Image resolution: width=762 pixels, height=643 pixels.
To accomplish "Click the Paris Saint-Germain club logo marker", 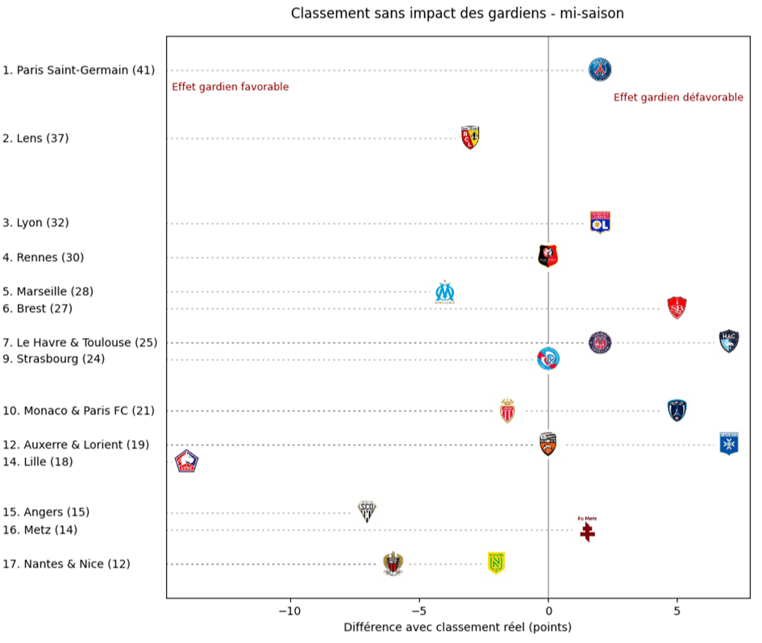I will (600, 70).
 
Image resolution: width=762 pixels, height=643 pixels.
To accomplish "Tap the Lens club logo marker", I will (470, 138).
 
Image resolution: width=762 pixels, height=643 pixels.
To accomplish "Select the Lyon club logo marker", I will (600, 222).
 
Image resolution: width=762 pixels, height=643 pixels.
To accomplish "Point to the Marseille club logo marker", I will (445, 291).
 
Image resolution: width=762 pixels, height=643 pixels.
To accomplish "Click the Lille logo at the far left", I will (187, 462).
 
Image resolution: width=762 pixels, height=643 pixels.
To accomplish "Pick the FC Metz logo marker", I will (587, 529).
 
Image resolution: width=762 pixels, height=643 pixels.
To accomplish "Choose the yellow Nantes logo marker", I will (497, 563).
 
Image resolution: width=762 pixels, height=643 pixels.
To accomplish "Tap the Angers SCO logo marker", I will (368, 511).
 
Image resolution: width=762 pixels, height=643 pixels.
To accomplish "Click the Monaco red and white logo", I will (507, 411).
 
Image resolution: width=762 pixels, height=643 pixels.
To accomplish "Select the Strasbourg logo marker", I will (548, 359).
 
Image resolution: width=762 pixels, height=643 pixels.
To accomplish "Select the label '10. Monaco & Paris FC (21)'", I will (79, 411).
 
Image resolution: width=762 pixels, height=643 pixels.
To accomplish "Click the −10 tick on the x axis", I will (289, 611).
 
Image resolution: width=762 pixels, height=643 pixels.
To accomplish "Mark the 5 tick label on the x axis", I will (677, 611).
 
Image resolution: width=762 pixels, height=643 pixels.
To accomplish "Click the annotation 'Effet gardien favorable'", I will (230, 87).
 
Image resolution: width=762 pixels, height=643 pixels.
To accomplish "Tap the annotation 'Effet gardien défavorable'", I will (678, 97).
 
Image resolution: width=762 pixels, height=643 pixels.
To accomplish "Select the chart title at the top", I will (457, 14).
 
